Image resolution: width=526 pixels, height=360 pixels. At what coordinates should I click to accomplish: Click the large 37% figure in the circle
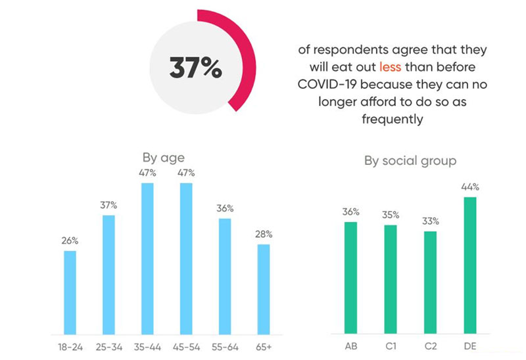(195, 68)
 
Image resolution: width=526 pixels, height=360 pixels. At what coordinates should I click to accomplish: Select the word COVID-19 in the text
(327, 85)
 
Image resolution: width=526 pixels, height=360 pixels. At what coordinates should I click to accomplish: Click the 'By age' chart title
(164, 158)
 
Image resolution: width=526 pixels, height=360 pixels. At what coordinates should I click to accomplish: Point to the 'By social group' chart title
(410, 160)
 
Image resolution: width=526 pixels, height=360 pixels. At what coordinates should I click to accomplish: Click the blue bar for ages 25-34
(108, 274)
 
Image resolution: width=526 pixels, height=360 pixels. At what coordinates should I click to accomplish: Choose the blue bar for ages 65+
(264, 289)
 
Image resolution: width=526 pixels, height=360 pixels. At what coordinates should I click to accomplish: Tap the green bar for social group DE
(469, 265)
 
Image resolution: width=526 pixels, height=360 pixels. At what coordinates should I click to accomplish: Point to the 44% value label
(469, 187)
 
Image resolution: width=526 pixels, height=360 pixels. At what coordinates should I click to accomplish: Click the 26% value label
(70, 241)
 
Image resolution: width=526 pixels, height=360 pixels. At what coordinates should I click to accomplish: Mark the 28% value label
(264, 234)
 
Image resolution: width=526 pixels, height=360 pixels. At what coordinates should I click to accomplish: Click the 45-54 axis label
(186, 346)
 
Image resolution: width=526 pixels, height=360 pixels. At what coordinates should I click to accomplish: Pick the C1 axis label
(391, 346)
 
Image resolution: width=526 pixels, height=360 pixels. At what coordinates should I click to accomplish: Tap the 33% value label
(431, 221)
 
